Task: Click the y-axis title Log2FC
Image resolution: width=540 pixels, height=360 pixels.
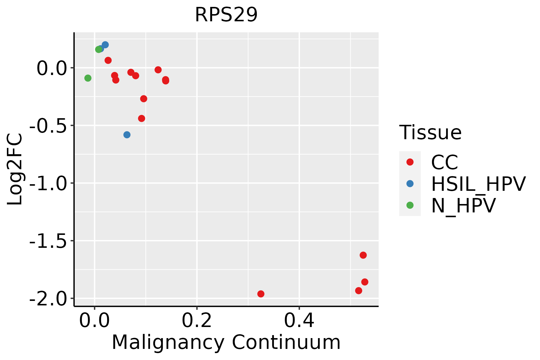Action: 15,169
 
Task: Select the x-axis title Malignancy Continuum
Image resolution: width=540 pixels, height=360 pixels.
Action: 226,342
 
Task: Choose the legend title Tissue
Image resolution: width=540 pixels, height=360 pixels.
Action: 430,132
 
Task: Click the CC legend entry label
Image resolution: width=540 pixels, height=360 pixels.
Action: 444,162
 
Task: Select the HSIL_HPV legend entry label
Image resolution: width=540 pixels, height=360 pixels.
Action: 478,184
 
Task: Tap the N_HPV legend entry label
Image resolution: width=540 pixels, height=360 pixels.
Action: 463,205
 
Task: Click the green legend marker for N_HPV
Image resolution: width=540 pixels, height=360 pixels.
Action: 410,205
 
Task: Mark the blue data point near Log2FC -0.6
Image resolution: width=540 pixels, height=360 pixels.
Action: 127,135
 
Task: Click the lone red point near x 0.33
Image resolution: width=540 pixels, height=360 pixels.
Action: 261,294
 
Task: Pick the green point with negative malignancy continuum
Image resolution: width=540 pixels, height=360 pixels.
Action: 88,78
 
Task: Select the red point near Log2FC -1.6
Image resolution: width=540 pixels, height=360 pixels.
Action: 363,255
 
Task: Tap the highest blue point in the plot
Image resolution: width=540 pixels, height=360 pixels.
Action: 105,45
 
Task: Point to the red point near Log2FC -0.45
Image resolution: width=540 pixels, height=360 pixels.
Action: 142,118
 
